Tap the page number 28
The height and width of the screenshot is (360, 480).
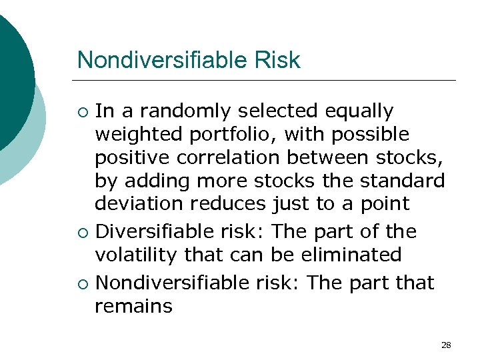pos(446,345)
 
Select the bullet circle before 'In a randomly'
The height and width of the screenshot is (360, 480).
pos(82,111)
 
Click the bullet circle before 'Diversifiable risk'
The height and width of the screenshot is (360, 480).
pos(82,233)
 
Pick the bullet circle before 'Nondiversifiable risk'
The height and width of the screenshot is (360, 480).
pos(82,283)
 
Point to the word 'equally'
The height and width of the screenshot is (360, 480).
pos(359,111)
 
